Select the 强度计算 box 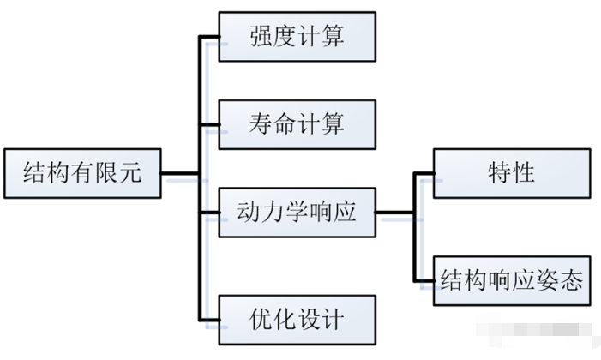297,37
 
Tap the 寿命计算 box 297,123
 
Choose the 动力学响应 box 297,210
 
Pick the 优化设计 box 297,320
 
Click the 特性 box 511,173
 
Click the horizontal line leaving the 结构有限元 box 181,177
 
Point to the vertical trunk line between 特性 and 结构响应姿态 414,227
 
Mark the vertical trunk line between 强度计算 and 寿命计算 200,81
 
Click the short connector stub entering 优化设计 209,319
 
